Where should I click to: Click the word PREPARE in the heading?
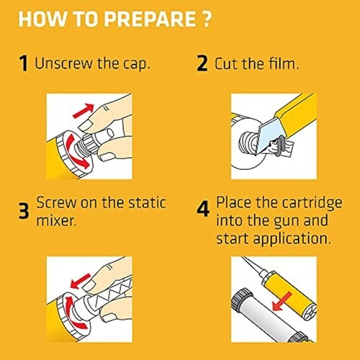[x=150, y=19]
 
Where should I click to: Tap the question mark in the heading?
[x=206, y=19]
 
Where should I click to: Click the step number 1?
[x=24, y=63]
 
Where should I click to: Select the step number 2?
[x=202, y=63]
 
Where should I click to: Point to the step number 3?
[x=24, y=210]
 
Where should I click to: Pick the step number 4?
[x=203, y=208]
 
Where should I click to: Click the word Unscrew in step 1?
[x=64, y=63]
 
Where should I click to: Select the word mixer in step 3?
[x=56, y=220]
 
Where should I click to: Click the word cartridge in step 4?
[x=312, y=204]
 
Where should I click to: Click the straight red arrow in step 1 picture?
[x=84, y=111]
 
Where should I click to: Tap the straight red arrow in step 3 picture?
[x=80, y=281]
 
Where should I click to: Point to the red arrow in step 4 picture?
[x=282, y=301]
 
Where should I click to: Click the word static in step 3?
[x=147, y=203]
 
